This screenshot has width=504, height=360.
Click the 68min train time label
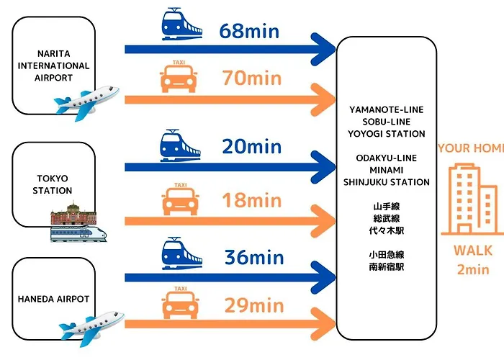pyautogui.click(x=249, y=31)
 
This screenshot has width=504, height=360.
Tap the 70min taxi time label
pyautogui.click(x=252, y=78)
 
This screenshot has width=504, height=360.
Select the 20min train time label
pyautogui.click(x=252, y=146)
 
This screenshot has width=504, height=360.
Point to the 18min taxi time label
pyautogui.click(x=252, y=200)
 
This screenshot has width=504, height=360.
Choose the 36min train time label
pyautogui.click(x=254, y=257)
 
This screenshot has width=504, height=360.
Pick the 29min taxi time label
pyautogui.click(x=254, y=305)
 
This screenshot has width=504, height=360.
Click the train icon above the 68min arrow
pyautogui.click(x=181, y=24)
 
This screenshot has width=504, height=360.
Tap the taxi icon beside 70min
pyautogui.click(x=179, y=76)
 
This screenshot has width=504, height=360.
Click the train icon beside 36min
pyautogui.click(x=182, y=253)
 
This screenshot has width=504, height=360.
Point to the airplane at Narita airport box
pyautogui.click(x=87, y=102)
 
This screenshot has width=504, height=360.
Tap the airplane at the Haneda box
pyautogui.click(x=91, y=328)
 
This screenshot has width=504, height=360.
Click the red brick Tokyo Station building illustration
pyautogui.click(x=73, y=213)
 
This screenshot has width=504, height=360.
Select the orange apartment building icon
pyautogui.click(x=472, y=199)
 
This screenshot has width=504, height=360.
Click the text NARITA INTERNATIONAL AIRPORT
pyautogui.click(x=53, y=66)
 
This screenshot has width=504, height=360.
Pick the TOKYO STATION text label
pyautogui.click(x=53, y=184)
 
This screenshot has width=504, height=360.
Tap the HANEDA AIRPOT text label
pyautogui.click(x=53, y=299)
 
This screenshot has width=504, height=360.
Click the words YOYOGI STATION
pyautogui.click(x=387, y=134)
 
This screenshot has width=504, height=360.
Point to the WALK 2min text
pyautogui.click(x=473, y=260)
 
